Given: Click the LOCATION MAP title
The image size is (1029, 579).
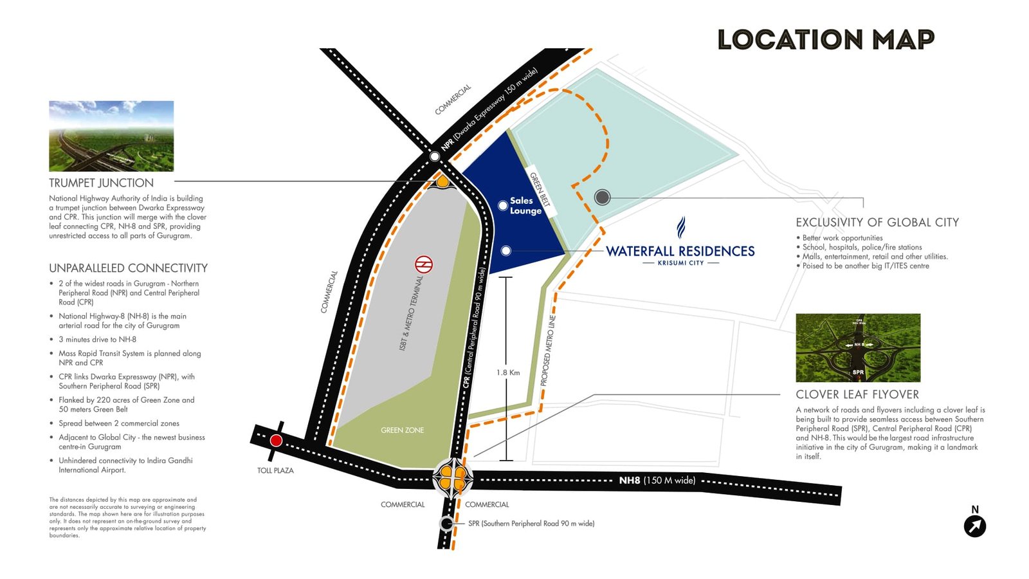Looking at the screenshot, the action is pos(826,40).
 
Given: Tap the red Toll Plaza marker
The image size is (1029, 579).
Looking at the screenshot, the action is pos(276,441).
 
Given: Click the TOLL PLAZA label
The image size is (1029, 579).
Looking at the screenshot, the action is pos(275,471).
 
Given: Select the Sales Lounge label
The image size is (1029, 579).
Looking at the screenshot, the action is pos(525,206).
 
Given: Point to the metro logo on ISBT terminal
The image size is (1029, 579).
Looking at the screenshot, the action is pos(424,264).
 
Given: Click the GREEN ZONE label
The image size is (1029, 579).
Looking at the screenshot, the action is pos(402,430).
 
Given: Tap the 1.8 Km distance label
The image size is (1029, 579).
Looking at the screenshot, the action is pos(508,372).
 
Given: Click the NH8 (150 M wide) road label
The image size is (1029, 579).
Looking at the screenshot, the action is pos(657,481).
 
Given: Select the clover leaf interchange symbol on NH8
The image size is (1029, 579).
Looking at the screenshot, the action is pos(452,477).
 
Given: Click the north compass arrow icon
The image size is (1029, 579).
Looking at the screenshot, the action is pos(975,526).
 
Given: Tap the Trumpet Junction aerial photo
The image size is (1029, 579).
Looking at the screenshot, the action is pos(111,136).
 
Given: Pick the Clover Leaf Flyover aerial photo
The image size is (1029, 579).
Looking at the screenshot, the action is pos(858,347).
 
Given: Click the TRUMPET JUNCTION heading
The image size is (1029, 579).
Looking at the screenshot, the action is pos(101,183).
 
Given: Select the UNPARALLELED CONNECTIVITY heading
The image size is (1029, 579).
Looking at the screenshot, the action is pos(128,268).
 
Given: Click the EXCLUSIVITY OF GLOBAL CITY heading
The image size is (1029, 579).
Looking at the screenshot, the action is pos(877,223).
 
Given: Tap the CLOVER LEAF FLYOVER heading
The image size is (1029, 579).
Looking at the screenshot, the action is pos(857,395).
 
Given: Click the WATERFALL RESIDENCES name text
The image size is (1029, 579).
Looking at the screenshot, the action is pos(680,252).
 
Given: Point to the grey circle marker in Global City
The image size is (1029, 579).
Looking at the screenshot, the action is pos(602,197).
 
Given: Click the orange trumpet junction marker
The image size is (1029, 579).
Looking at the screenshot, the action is pos(442,182).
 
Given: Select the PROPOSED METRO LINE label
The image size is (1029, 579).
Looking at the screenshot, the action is pos(548,351).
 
